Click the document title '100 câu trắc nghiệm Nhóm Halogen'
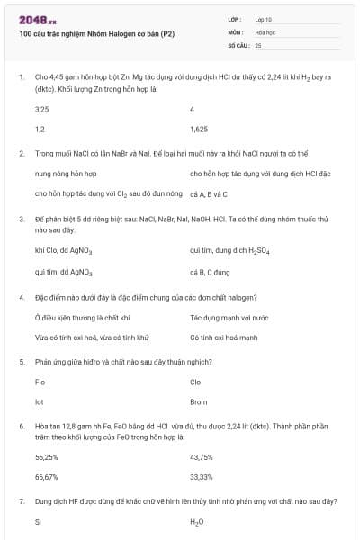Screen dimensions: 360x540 coord(96,33)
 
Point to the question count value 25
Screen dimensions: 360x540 coord(258,44)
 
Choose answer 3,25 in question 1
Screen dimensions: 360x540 coord(41,109)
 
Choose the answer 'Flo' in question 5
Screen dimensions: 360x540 coord(40,382)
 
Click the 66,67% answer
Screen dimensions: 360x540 coord(46,477)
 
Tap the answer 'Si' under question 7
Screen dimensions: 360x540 coord(38,522)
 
